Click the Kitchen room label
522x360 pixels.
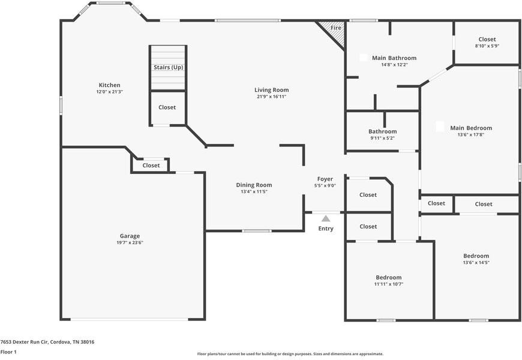pyautogui.click(x=110, y=85)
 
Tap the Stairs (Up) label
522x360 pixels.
pyautogui.click(x=169, y=67)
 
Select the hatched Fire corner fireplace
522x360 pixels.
pyautogui.click(x=333, y=32)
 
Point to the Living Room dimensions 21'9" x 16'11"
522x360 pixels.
pyautogui.click(x=271, y=97)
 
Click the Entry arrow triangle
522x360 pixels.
pyautogui.click(x=326, y=218)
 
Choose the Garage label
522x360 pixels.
pyautogui.click(x=130, y=236)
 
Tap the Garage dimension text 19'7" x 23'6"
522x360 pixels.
pyautogui.click(x=130, y=242)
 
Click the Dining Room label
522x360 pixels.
pyautogui.click(x=254, y=185)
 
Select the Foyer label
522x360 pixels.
pyautogui.click(x=325, y=179)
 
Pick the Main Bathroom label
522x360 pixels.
pyautogui.click(x=394, y=58)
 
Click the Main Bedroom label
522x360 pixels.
pyautogui.click(x=471, y=128)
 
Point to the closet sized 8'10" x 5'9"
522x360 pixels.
pyautogui.click(x=487, y=42)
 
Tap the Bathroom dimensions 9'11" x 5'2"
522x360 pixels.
pyautogui.click(x=383, y=138)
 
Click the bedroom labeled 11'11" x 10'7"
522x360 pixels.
pyautogui.click(x=389, y=280)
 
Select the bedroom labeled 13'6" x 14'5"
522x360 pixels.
pyautogui.click(x=476, y=259)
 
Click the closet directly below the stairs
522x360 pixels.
pyautogui.click(x=167, y=107)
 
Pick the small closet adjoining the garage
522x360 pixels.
pyautogui.click(x=151, y=166)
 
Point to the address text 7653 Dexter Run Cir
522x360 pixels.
pyautogui.click(x=25, y=341)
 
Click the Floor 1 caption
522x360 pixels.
pyautogui.click(x=8, y=352)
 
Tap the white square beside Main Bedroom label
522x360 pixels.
pyautogui.click(x=440, y=127)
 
